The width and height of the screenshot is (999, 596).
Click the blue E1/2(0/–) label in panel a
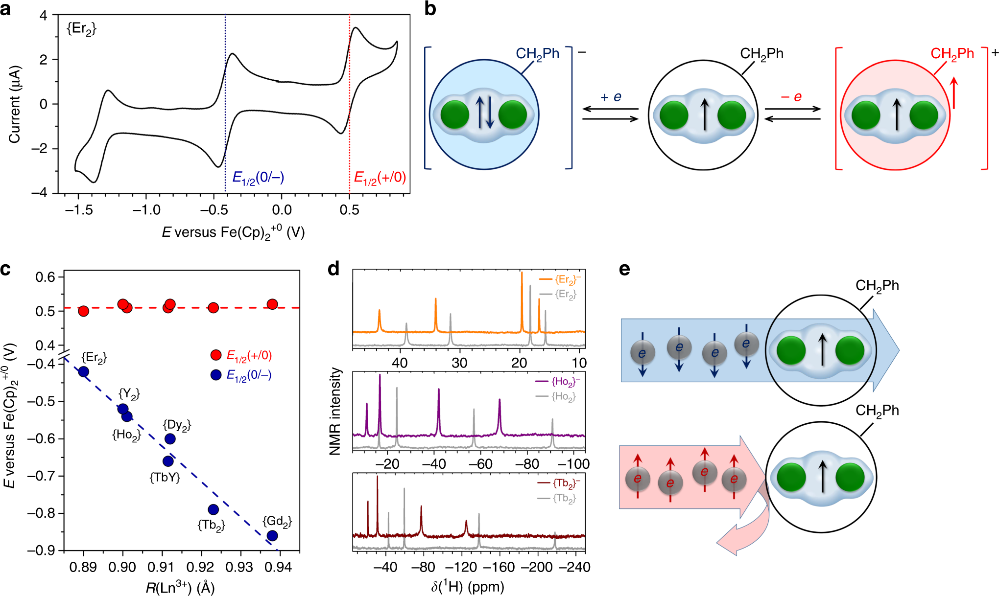pyautogui.click(x=258, y=178)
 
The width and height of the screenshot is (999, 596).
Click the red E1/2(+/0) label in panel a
pyautogui.click(x=380, y=178)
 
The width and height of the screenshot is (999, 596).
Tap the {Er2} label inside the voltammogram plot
pyautogui.click(x=81, y=29)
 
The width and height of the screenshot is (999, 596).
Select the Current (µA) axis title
pyautogui.click(x=14, y=104)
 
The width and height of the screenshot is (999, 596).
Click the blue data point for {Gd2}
pyautogui.click(x=272, y=536)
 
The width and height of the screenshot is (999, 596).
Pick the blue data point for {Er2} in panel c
pyautogui.click(x=83, y=372)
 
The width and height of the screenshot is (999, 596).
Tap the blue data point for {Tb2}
pyautogui.click(x=213, y=509)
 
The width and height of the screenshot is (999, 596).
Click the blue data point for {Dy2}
pyautogui.click(x=170, y=439)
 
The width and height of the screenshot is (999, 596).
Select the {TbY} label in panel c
pyautogui.click(x=165, y=478)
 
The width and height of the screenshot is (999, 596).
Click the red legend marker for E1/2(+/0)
pyautogui.click(x=215, y=355)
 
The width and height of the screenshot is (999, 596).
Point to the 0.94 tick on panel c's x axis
pyautogui.click(x=278, y=567)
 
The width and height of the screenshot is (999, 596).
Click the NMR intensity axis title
pyautogui.click(x=335, y=412)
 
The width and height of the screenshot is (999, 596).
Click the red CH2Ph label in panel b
pyautogui.click(x=952, y=54)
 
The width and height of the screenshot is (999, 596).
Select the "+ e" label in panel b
pyautogui.click(x=611, y=97)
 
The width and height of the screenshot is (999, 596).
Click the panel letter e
pyautogui.click(x=624, y=269)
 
